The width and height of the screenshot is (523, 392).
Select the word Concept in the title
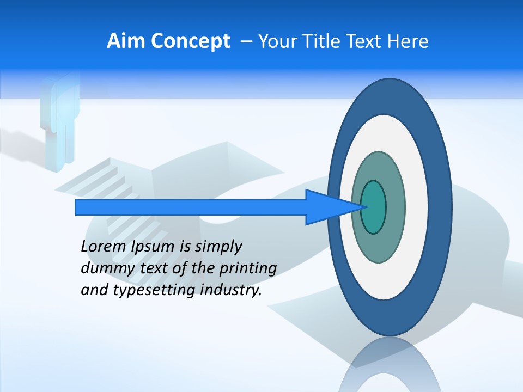click(x=191, y=42)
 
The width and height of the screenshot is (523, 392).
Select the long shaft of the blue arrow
click(x=191, y=207)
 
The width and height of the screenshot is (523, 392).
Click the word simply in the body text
click(x=218, y=247)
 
